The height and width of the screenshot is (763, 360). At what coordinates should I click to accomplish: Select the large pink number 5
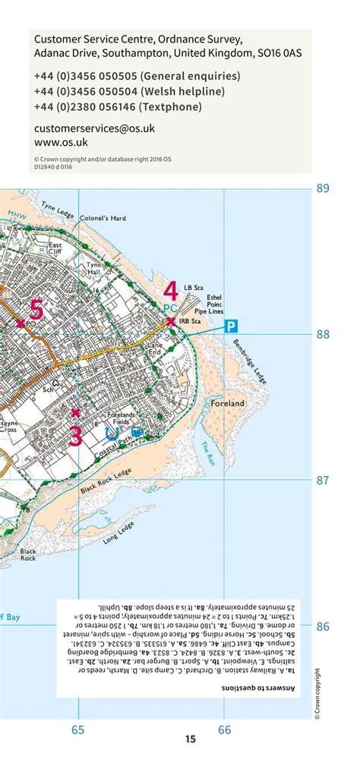tap(36, 310)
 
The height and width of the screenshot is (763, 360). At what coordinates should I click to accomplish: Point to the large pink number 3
tap(75, 436)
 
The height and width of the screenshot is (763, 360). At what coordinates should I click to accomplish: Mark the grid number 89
tap(323, 188)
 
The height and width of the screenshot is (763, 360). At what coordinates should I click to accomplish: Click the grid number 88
tap(323, 334)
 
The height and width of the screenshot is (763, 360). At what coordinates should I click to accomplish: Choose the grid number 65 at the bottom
tap(77, 730)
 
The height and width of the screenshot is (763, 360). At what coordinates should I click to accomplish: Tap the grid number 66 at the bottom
tap(225, 730)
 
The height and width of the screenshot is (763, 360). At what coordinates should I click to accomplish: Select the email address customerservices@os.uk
tap(94, 128)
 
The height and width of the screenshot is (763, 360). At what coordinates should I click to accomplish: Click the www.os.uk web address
tap(61, 142)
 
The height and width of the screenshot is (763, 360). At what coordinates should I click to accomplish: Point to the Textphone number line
tap(118, 107)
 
